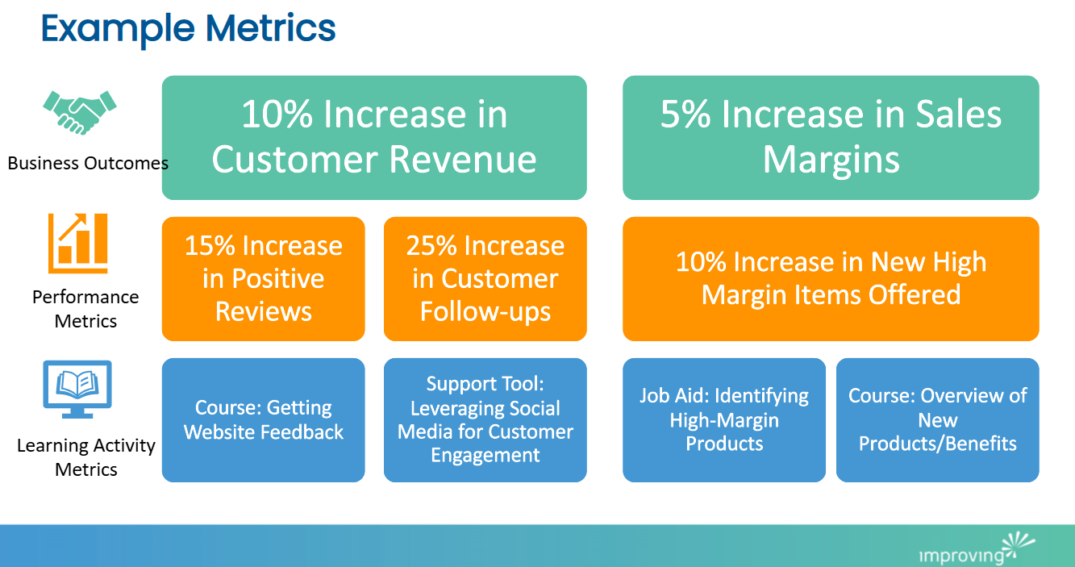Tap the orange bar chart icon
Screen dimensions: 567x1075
click(x=77, y=243)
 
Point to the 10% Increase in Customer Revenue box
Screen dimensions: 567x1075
click(x=374, y=137)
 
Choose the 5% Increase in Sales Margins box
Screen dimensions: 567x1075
click(x=831, y=137)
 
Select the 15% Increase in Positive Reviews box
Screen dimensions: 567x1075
click(x=263, y=278)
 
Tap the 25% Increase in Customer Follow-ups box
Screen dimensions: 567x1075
click(x=485, y=278)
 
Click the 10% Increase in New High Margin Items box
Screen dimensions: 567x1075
click(x=831, y=278)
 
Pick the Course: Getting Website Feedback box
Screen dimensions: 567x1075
click(x=263, y=419)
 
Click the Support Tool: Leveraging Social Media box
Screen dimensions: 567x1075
click(x=485, y=419)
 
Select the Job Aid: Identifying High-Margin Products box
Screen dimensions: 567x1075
click(x=723, y=419)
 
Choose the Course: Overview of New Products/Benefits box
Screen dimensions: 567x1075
click(x=937, y=419)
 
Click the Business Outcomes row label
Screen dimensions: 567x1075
click(x=88, y=163)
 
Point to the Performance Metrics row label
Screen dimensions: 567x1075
click(x=85, y=309)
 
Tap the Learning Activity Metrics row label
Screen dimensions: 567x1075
click(x=85, y=457)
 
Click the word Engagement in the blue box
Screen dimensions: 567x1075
click(x=485, y=455)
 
